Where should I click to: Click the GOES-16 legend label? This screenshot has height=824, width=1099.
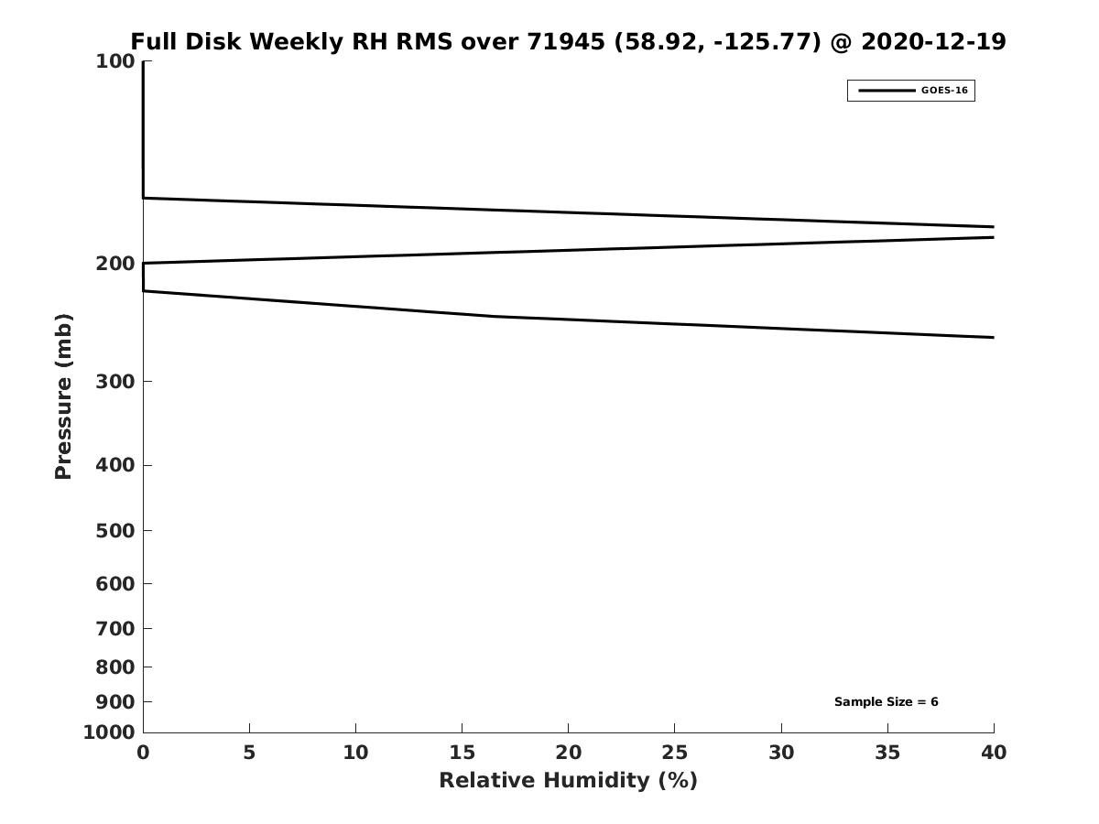click(x=944, y=91)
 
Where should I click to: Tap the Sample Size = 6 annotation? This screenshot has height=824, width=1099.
click(x=887, y=702)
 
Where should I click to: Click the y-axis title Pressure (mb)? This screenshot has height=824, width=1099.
click(x=63, y=396)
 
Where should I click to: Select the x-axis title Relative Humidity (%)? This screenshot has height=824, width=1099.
click(x=569, y=780)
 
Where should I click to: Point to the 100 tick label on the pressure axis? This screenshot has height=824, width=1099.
click(x=115, y=62)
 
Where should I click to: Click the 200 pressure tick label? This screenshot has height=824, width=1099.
click(x=115, y=264)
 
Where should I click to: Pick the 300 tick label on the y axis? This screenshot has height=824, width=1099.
click(x=115, y=382)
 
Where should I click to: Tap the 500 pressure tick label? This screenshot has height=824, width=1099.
click(x=115, y=530)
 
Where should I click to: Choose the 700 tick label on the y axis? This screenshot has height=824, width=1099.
click(x=115, y=628)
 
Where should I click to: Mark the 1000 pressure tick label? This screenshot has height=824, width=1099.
click(x=109, y=732)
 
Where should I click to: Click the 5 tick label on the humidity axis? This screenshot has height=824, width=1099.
click(x=249, y=753)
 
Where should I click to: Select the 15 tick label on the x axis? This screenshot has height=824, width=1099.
click(x=462, y=753)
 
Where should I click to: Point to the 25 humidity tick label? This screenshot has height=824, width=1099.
click(x=674, y=753)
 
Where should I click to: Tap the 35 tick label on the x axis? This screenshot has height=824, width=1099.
click(x=887, y=753)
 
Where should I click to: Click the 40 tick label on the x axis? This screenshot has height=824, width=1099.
click(x=994, y=753)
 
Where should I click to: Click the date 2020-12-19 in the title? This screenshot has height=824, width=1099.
click(x=933, y=41)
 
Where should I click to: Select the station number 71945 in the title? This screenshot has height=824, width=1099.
click(x=566, y=41)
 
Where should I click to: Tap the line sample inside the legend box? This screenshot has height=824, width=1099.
click(x=887, y=91)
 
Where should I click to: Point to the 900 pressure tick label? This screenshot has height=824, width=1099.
click(x=115, y=702)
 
